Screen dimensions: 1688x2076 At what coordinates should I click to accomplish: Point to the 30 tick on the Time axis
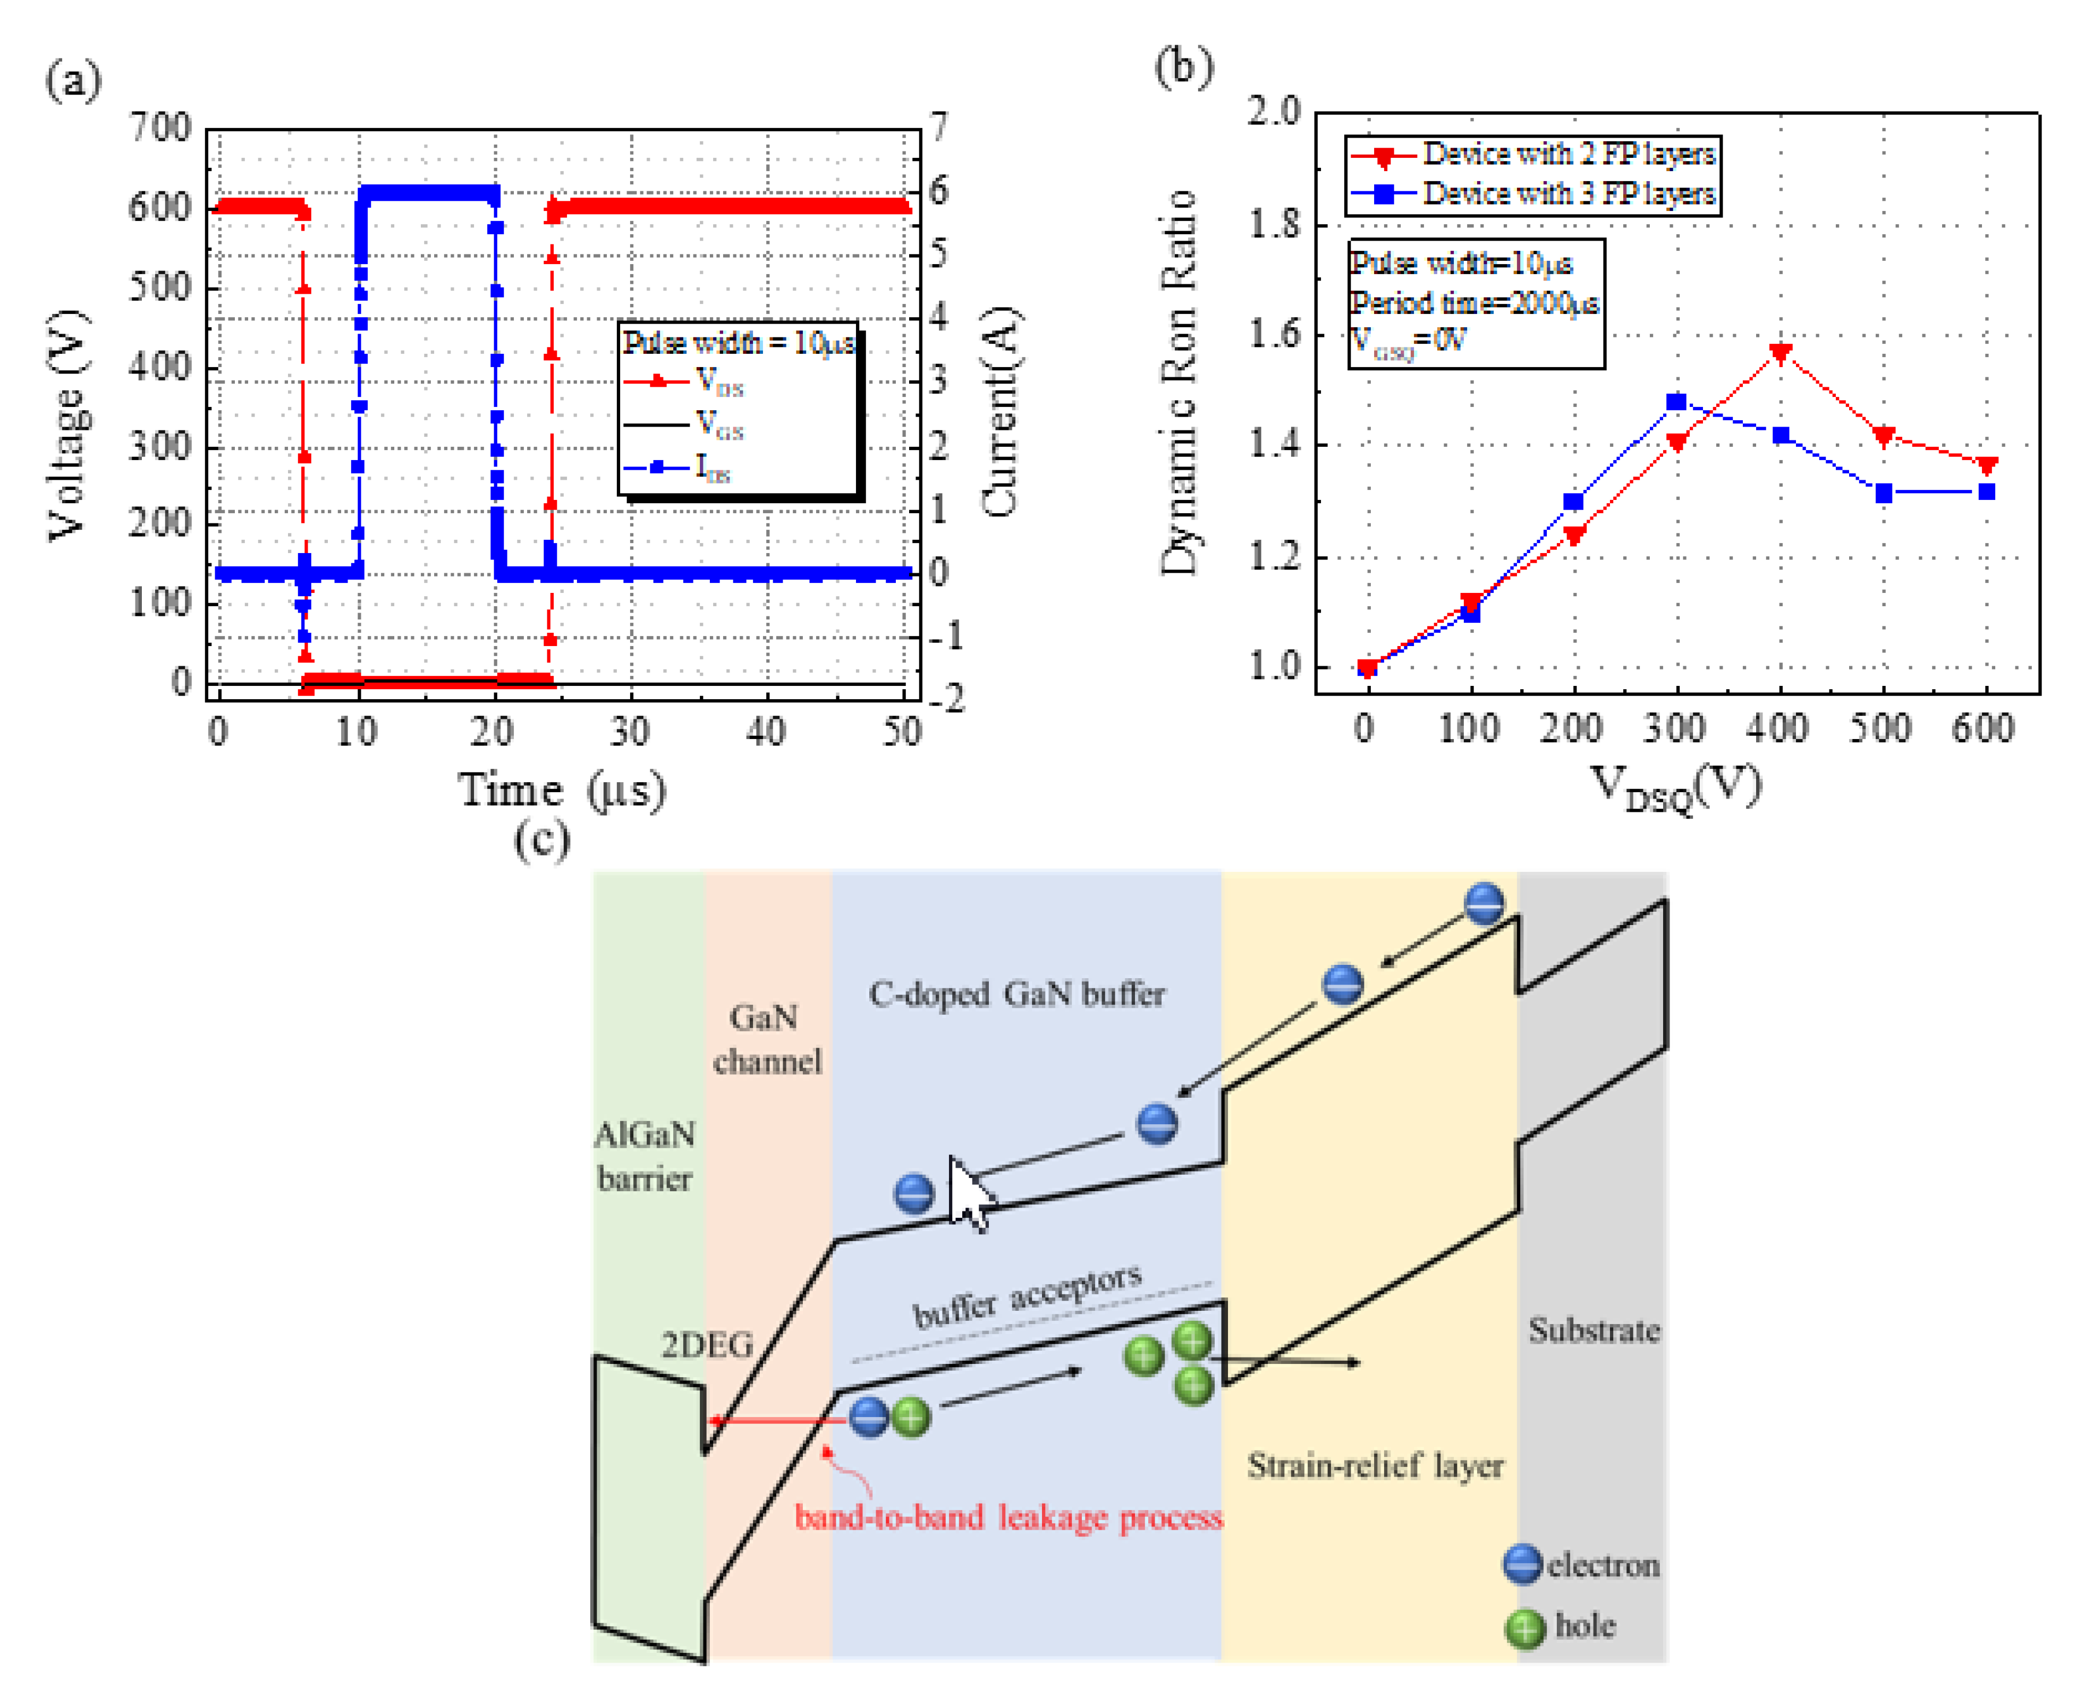630,731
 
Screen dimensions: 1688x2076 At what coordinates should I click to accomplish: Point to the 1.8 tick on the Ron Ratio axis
1274,225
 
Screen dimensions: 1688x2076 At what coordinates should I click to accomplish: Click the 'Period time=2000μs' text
1474,302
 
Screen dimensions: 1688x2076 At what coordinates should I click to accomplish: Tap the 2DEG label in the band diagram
707,1345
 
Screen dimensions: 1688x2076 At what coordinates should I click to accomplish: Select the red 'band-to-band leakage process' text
1009,1518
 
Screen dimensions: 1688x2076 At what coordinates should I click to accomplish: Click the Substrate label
1594,1330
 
